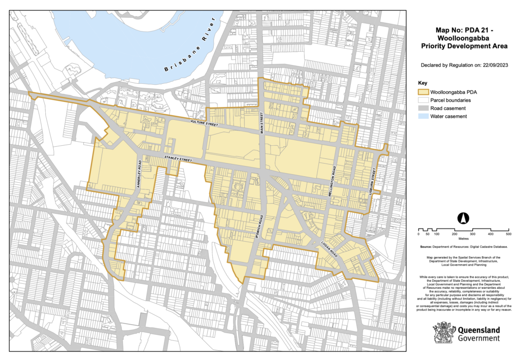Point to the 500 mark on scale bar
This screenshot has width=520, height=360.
pyautogui.click(x=508, y=235)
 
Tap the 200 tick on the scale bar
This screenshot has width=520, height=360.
pyautogui.click(x=454, y=235)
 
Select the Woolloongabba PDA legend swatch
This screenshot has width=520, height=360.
pyautogui.click(x=422, y=92)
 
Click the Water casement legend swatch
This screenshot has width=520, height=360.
pyautogui.click(x=422, y=116)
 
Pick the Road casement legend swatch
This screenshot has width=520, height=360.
pyautogui.click(x=422, y=108)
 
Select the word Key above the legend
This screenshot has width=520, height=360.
pyautogui.click(x=422, y=82)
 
